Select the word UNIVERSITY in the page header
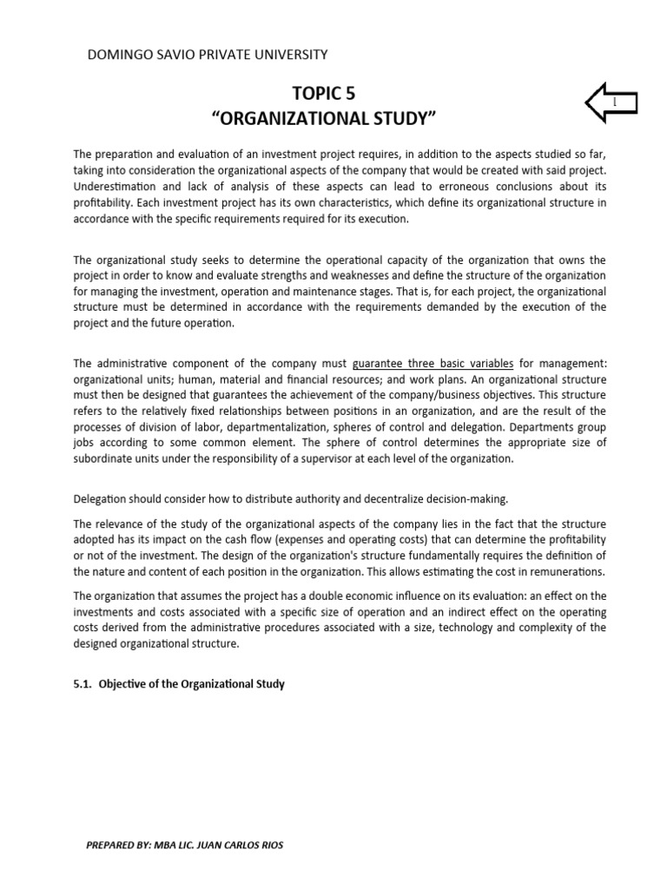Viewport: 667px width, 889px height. tap(286, 55)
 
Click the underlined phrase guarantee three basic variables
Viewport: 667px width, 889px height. tap(433, 364)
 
